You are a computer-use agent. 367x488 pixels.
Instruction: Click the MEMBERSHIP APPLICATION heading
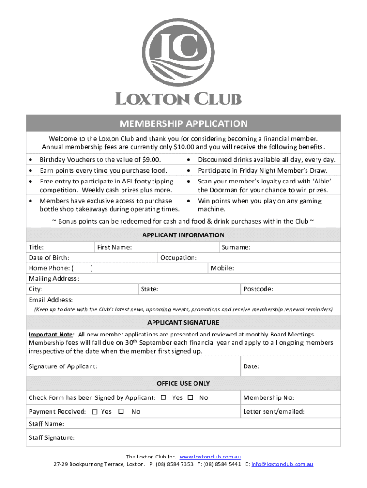coord(183,124)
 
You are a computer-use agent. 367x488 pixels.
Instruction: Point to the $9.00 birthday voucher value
coord(152,160)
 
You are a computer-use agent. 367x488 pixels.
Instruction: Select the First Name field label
coord(114,247)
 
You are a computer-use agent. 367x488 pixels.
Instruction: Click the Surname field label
coord(236,247)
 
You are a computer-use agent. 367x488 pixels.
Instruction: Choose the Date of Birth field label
coord(49,258)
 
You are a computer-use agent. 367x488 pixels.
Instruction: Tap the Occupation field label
coord(178,258)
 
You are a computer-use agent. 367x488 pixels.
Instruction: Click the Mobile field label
coord(222,268)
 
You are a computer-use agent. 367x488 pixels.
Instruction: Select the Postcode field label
coord(258,289)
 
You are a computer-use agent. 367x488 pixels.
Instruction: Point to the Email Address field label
coord(51,300)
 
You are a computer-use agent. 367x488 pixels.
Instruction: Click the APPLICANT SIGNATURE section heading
coord(183,322)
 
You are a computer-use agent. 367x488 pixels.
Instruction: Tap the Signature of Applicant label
coord(63,366)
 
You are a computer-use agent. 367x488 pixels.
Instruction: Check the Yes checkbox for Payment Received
coord(94,412)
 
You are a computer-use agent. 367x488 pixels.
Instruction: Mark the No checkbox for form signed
coord(191,397)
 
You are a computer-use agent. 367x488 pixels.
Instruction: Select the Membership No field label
coord(268,398)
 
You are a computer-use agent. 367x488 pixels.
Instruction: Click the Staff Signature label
coord(51,437)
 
